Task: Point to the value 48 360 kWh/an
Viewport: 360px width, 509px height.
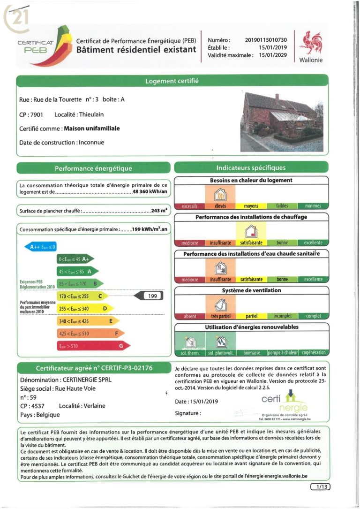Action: click(150, 192)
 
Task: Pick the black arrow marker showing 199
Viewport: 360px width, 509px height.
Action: click(149, 296)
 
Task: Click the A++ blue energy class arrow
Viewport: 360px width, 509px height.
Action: click(41, 247)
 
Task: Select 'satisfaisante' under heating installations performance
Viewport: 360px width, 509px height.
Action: click(251, 243)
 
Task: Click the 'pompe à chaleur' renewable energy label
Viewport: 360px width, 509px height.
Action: click(282, 353)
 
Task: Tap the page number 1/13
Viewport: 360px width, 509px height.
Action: click(320, 487)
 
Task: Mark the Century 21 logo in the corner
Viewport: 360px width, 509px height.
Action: click(15, 18)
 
